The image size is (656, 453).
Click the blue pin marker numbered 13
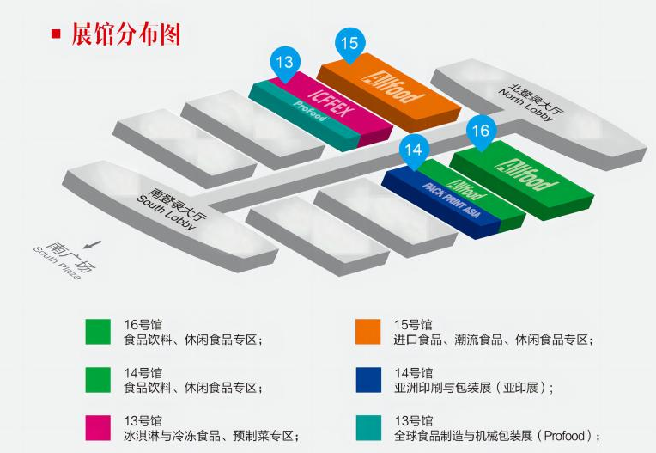[286, 62]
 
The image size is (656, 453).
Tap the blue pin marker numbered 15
[349, 43]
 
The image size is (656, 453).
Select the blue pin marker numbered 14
[414, 150]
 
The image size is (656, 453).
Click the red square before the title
[57, 34]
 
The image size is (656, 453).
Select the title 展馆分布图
[125, 34]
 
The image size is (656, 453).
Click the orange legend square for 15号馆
[368, 331]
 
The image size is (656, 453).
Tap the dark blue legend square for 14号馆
[368, 379]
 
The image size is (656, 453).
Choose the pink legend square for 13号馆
[98, 427]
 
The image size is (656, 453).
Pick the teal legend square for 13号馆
[368, 427]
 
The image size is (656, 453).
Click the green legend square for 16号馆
[98, 331]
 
